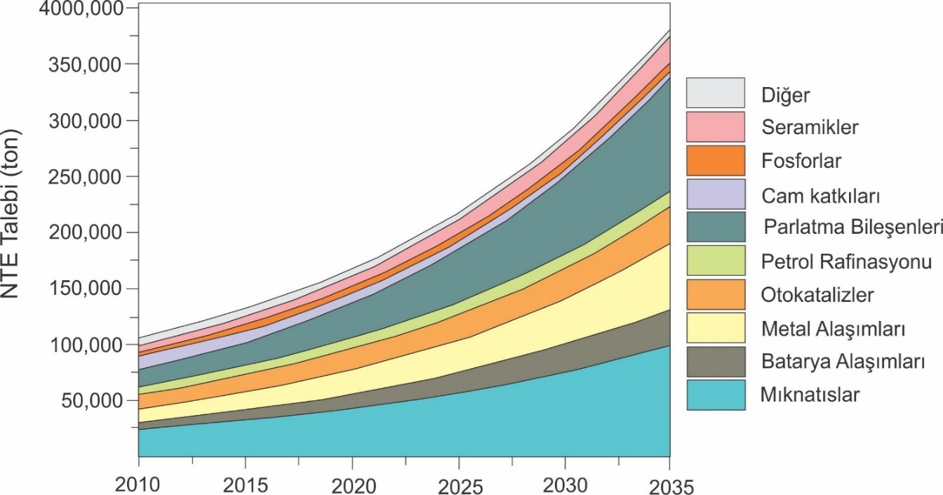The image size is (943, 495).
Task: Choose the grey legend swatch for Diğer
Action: point(715,92)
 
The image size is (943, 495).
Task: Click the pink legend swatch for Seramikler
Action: point(715,126)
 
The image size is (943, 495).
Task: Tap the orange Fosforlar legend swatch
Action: point(715,160)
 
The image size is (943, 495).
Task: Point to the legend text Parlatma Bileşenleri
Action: point(852,228)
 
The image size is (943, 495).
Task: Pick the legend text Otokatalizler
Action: point(817,295)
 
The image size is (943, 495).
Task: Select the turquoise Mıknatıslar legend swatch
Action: point(715,396)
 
